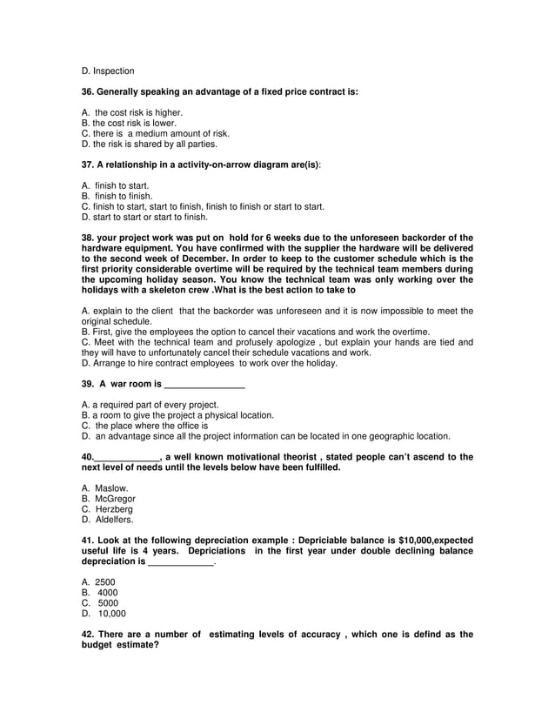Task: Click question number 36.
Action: (x=88, y=91)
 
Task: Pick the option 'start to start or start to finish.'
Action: (x=151, y=217)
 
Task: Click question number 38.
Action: (x=88, y=238)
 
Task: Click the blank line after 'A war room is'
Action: (x=204, y=384)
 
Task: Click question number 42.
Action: (x=88, y=635)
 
